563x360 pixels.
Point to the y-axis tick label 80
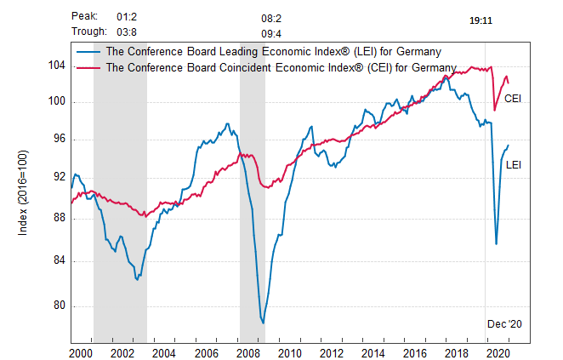point(57,306)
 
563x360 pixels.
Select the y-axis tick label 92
point(57,177)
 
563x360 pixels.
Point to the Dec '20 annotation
point(503,324)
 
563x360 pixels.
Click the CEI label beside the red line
point(513,99)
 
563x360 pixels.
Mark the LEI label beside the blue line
point(514,164)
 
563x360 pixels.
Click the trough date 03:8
point(127,31)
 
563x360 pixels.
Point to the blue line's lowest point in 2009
point(263,323)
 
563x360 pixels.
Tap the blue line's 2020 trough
point(496,244)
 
